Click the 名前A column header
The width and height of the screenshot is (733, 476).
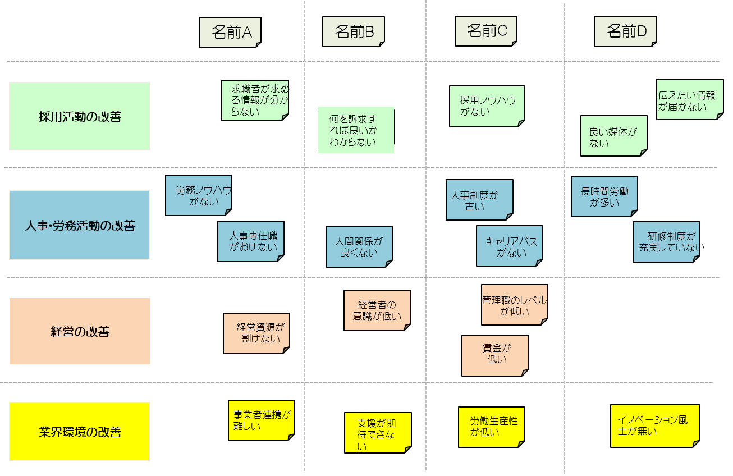tap(230, 32)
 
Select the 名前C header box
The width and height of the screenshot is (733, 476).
tap(486, 31)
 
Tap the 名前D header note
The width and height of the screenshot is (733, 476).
tap(625, 31)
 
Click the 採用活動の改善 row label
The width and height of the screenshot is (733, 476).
tap(80, 116)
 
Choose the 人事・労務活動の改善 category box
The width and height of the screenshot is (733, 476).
tap(80, 225)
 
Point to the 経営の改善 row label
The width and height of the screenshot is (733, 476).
tap(80, 331)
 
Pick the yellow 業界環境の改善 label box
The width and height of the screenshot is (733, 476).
tap(80, 432)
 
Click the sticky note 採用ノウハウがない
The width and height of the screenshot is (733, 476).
tap(487, 106)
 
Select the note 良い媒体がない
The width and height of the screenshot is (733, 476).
tap(614, 135)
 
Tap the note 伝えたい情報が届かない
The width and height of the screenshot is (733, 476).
tap(690, 99)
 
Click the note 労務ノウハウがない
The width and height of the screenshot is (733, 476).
tap(199, 195)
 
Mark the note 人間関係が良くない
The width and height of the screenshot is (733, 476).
tap(359, 246)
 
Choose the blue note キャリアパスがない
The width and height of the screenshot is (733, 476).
tap(510, 245)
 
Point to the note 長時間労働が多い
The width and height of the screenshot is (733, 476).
tap(604, 196)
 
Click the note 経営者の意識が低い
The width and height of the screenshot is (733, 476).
tap(377, 310)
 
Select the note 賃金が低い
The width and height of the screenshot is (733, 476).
tap(495, 355)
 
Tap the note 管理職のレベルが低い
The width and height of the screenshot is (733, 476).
tap(515, 304)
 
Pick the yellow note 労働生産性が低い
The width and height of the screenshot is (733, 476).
tap(492, 427)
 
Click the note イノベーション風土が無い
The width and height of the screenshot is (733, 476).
tap(655, 425)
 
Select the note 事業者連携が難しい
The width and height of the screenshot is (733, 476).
tap(262, 420)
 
